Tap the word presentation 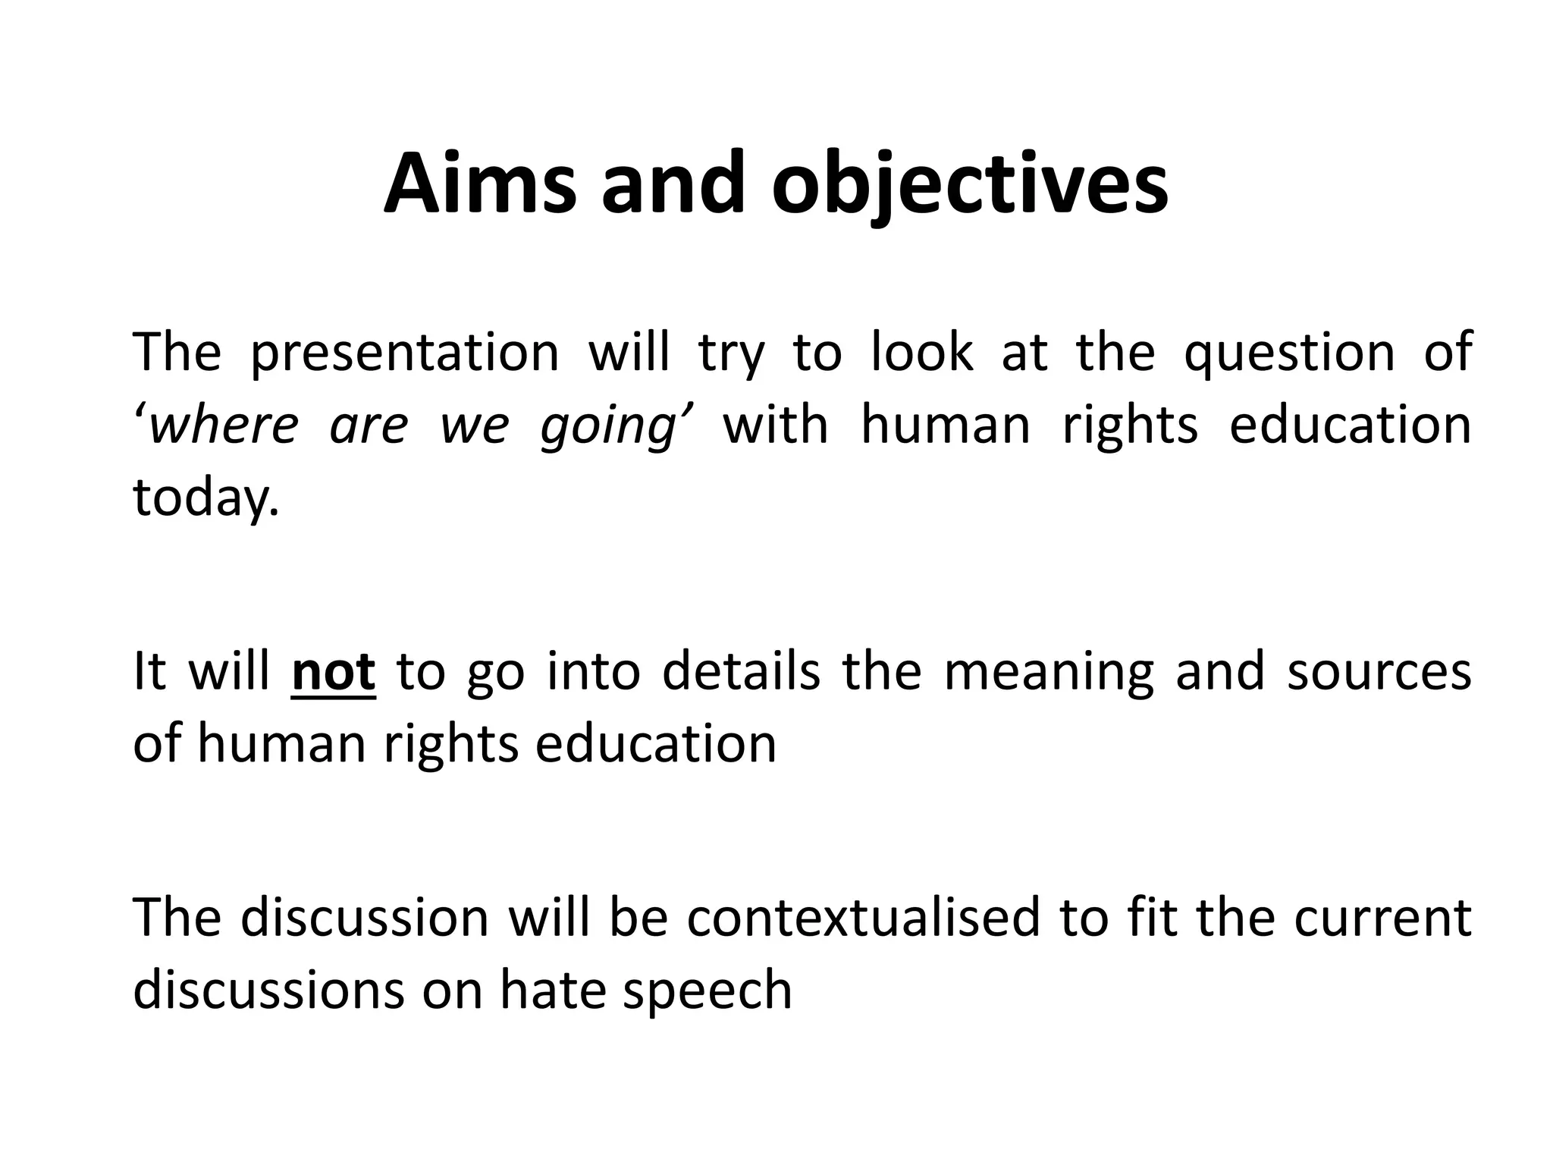[x=404, y=353]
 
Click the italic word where [x=224, y=425]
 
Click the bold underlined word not [x=333, y=672]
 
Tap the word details [x=741, y=670]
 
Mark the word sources [x=1379, y=672]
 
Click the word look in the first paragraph [x=921, y=352]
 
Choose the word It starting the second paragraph [x=149, y=670]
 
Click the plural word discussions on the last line [x=269, y=990]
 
